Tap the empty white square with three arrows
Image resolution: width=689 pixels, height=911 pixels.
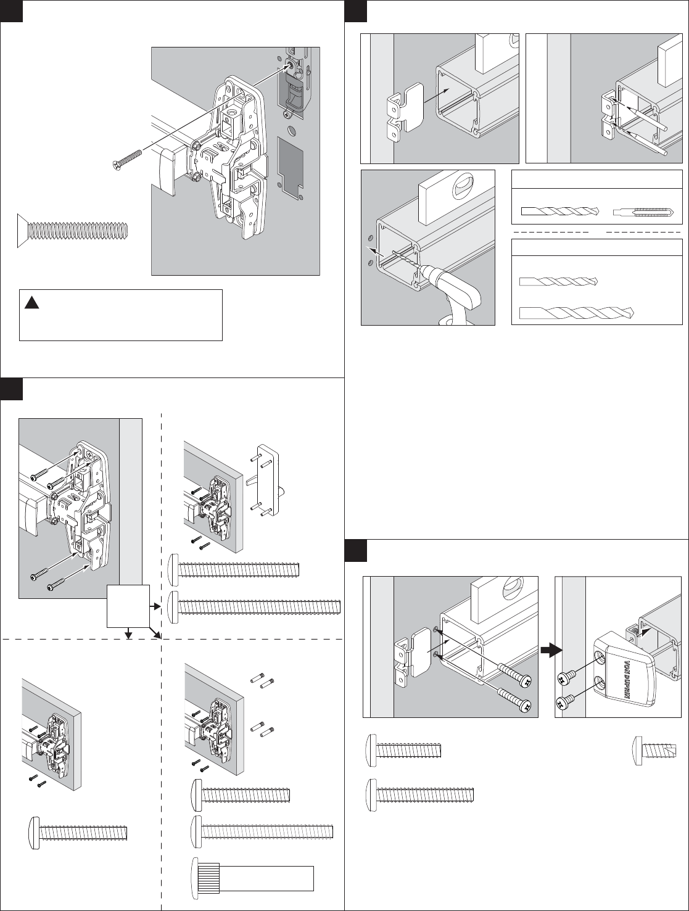point(128,606)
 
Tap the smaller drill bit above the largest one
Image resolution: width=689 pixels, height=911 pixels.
point(558,282)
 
